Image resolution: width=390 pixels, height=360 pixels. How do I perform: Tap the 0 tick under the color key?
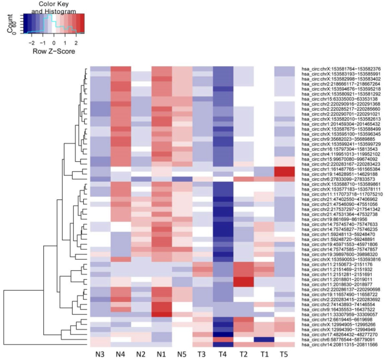[54, 42]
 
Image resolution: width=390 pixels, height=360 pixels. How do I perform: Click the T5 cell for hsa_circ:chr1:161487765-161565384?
[284, 169]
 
